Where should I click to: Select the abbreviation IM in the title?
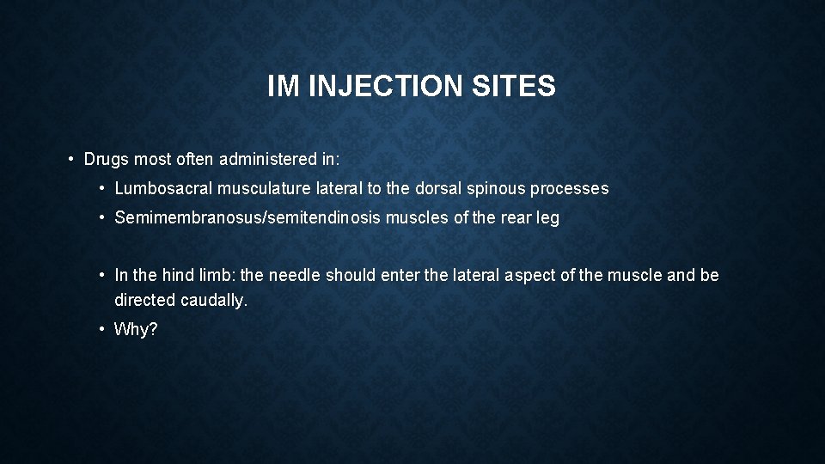coord(283,87)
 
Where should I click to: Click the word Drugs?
coord(107,160)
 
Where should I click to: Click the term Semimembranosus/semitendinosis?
coord(247,218)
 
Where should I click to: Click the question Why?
coord(136,330)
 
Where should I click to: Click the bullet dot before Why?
coord(102,330)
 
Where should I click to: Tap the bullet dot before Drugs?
coord(71,160)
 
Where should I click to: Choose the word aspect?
coord(535,276)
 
